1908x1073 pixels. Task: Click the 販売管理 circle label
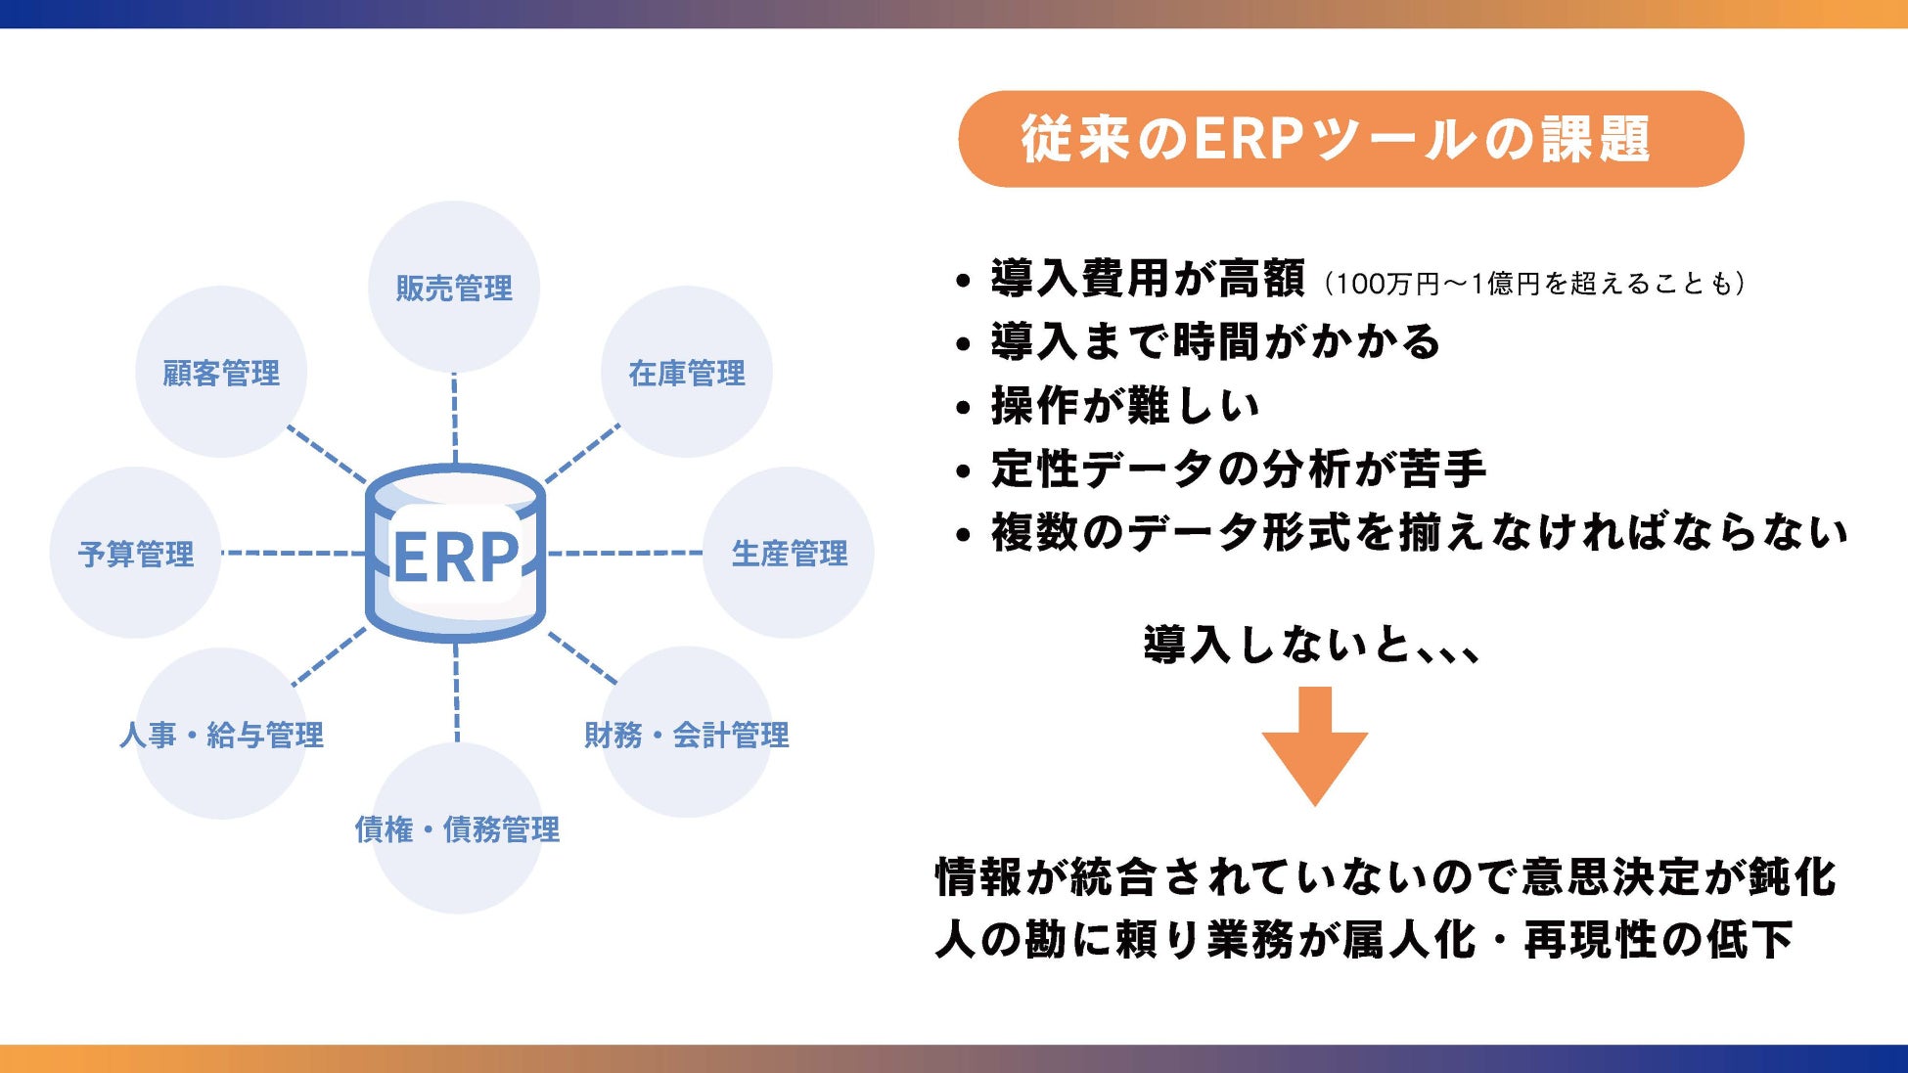[454, 289]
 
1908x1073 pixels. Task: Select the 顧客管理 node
[221, 374]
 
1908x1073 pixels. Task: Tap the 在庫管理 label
[687, 374]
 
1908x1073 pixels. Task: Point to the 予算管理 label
[136, 555]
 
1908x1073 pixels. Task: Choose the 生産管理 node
[790, 555]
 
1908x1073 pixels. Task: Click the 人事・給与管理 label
[221, 736]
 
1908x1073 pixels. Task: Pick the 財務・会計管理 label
[687, 736]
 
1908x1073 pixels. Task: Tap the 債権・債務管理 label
[457, 830]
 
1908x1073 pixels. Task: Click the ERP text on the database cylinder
[456, 558]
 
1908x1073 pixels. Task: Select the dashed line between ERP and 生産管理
[624, 554]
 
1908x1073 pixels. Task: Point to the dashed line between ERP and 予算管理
[294, 554]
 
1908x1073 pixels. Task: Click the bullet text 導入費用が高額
[1148, 279]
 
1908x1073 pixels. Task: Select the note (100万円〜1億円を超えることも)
[1534, 284]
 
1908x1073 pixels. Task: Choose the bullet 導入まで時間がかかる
[1215, 342]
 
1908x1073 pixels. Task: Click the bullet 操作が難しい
[1125, 406]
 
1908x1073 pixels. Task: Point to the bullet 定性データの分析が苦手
[1239, 469]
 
